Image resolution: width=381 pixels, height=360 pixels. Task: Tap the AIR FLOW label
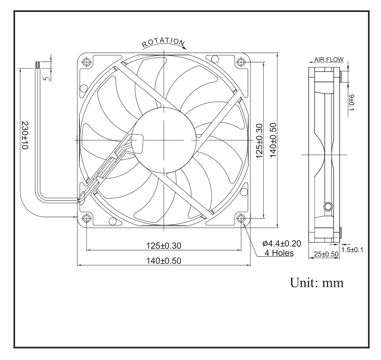click(329, 59)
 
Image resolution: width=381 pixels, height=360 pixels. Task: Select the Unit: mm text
click(317, 283)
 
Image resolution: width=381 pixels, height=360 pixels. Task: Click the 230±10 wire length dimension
click(25, 135)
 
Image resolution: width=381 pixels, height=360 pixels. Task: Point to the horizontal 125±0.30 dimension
click(163, 245)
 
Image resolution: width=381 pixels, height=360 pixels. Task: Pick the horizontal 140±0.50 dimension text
click(163, 261)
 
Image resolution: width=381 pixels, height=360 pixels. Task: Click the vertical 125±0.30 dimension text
click(259, 141)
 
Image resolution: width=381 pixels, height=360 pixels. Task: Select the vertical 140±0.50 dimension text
click(273, 140)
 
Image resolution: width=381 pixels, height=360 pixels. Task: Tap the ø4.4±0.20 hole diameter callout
click(282, 243)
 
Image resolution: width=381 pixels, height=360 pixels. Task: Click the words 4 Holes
click(279, 253)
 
